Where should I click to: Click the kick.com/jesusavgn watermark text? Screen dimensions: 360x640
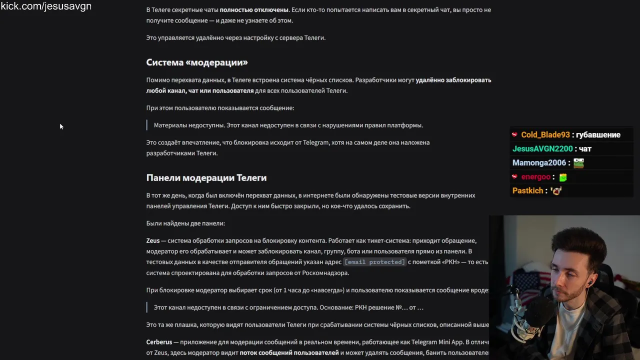pos(46,6)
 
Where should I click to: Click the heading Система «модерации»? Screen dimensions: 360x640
pos(197,62)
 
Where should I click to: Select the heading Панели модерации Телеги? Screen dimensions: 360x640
pos(206,178)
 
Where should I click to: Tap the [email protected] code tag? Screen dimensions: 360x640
pos(374,262)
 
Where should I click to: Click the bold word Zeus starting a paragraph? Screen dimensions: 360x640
pos(153,240)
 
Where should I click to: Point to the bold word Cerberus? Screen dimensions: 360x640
pos(159,342)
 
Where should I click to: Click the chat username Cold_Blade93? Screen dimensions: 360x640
pos(545,135)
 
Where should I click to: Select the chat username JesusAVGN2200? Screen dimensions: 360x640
pos(542,149)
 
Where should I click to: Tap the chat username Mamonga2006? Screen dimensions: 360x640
pos(539,163)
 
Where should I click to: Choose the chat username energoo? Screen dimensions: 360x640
pos(535,177)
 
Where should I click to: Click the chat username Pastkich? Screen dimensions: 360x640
pos(527,191)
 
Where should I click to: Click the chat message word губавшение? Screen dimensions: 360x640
pos(598,135)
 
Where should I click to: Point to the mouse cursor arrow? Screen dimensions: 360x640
pos(61,126)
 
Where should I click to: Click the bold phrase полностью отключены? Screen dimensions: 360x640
pos(254,10)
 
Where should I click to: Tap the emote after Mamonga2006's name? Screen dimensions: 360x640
pos(578,163)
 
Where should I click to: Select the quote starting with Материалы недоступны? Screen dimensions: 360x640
pos(288,125)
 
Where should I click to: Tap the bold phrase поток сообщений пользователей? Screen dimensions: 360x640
pos(289,353)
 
